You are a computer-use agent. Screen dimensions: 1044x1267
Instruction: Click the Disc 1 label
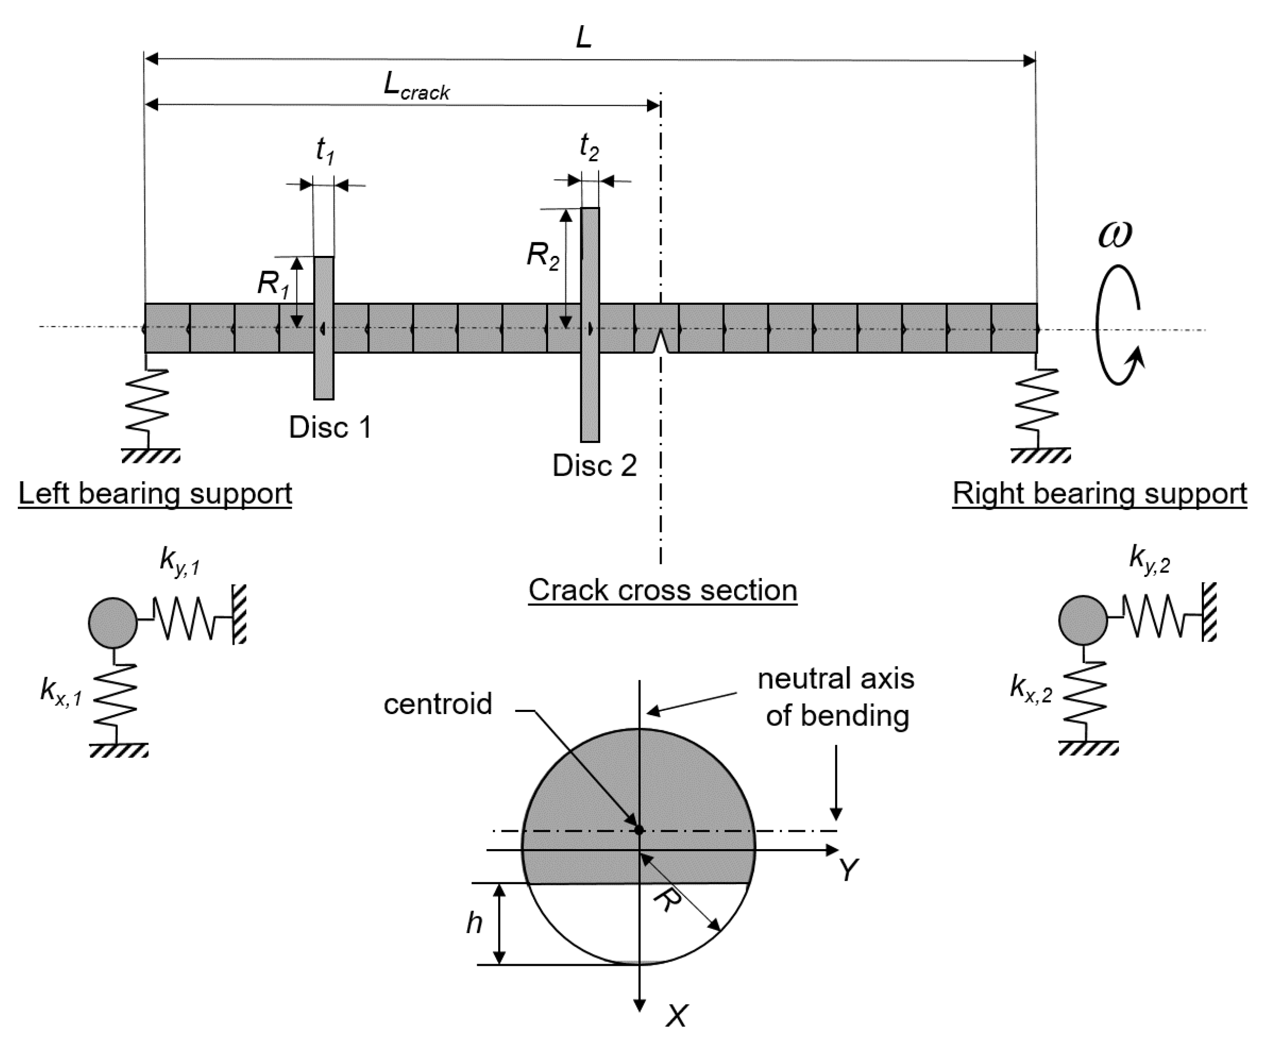(329, 428)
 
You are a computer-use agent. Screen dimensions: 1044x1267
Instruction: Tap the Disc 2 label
(594, 466)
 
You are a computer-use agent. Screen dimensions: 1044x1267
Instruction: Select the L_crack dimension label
(416, 87)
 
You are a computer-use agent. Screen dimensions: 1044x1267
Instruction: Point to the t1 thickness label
(325, 150)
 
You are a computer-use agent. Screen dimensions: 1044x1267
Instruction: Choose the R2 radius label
(542, 255)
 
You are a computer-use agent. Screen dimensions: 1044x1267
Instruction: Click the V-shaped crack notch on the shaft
(661, 342)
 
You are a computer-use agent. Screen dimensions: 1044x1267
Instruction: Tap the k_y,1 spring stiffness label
(179, 561)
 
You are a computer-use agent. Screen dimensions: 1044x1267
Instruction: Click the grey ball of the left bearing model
(112, 623)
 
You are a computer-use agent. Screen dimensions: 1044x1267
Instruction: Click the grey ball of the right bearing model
(1083, 620)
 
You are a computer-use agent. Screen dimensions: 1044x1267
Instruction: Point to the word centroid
(438, 704)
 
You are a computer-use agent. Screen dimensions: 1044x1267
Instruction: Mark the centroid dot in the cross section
(639, 830)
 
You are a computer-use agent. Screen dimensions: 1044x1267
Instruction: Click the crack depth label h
(474, 923)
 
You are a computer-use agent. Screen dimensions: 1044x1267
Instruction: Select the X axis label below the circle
(676, 1016)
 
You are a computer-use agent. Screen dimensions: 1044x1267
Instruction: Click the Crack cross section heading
(663, 590)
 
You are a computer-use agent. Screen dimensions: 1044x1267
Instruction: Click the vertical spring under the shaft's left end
(147, 400)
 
